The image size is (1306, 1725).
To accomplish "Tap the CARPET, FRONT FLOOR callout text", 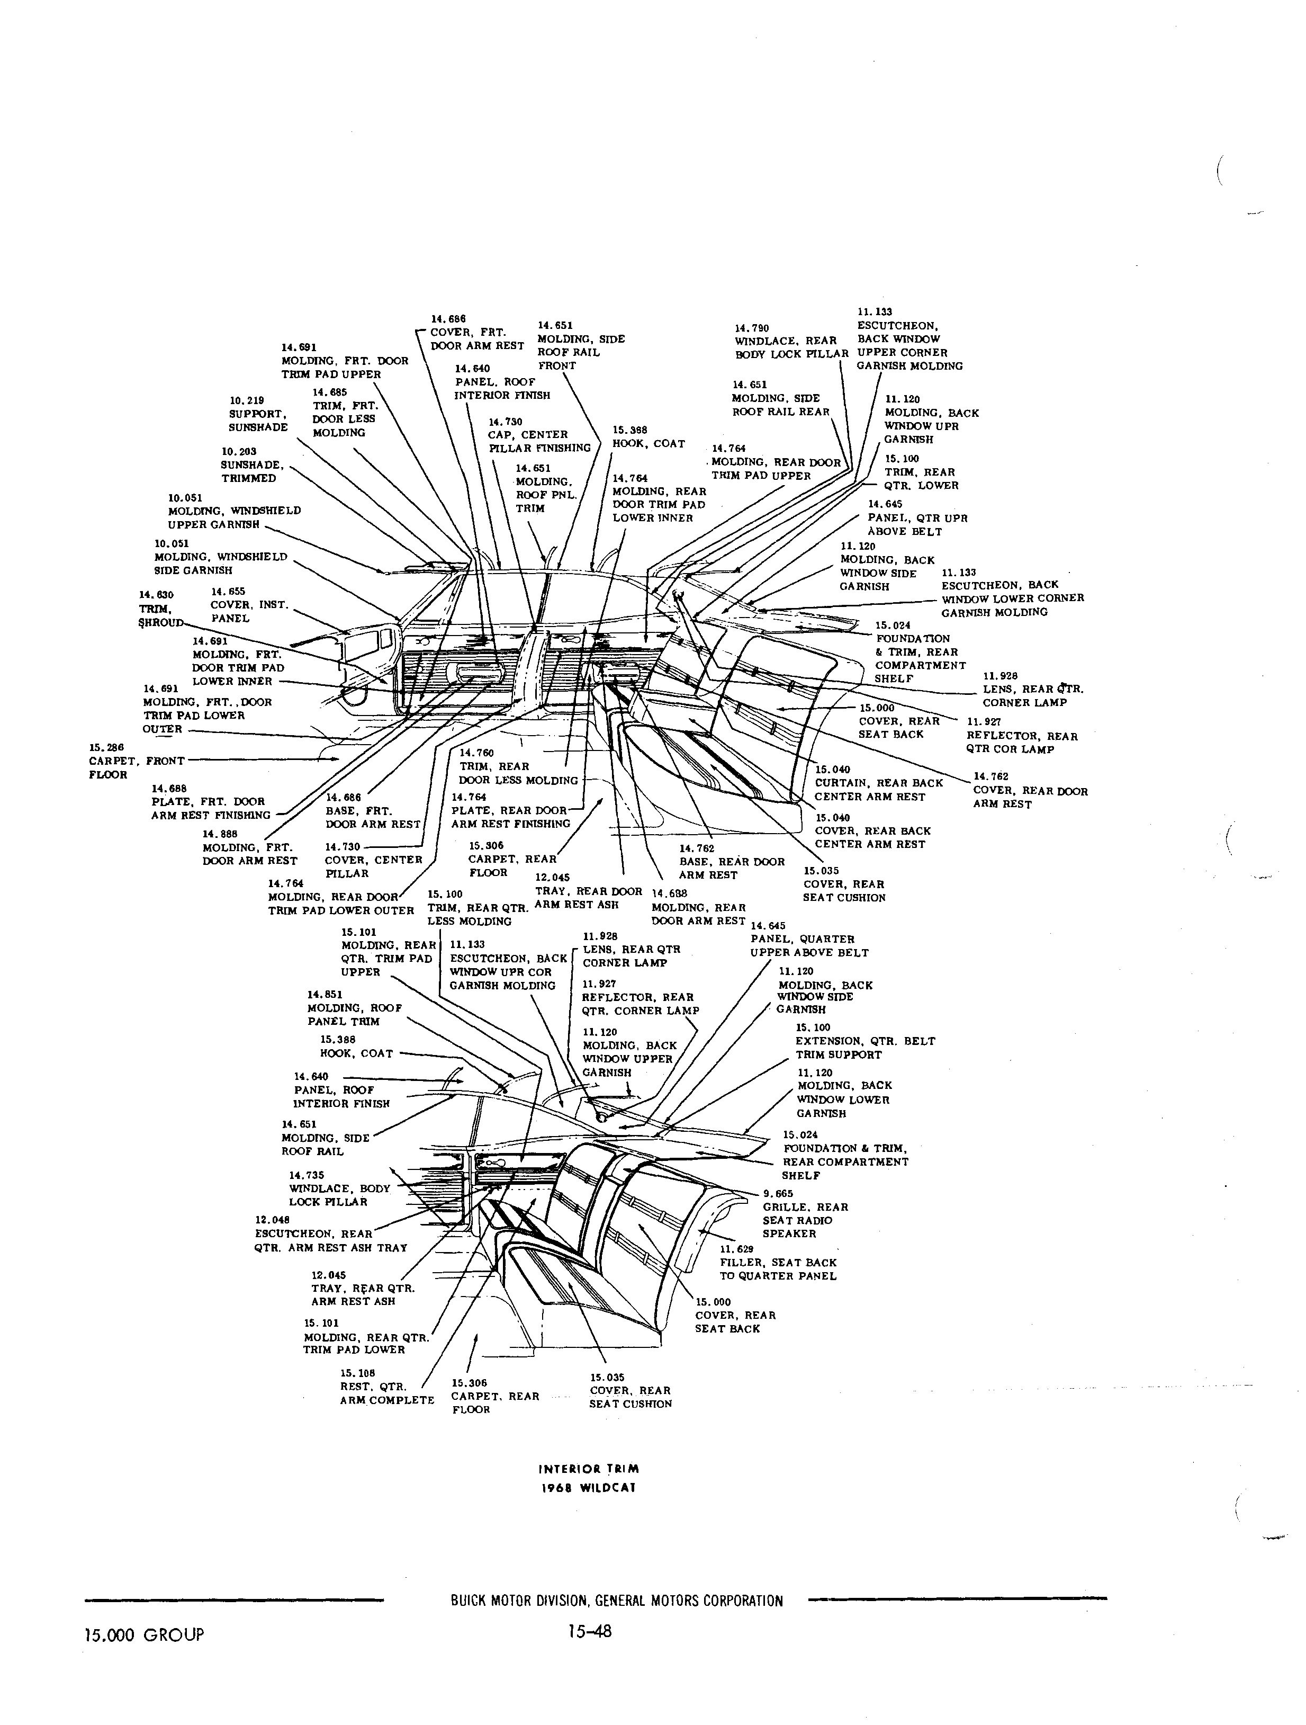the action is (137, 768).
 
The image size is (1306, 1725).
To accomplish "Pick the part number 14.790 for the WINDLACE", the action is (752, 328).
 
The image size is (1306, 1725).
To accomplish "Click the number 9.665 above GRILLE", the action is (777, 1194).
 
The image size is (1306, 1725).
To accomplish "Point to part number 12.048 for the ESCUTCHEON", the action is (272, 1220).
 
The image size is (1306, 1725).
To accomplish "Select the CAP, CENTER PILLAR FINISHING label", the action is (539, 441).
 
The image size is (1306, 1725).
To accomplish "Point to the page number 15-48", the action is (590, 1631).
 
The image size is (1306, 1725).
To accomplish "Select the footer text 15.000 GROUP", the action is (144, 1634).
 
